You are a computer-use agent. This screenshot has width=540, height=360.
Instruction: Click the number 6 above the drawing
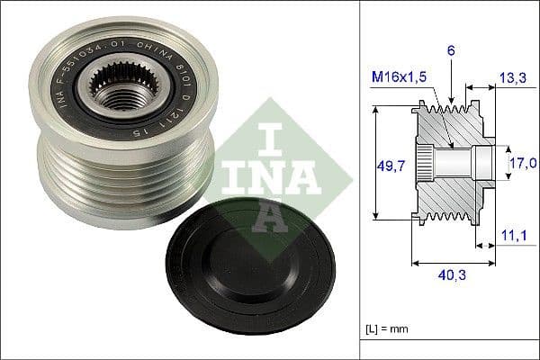coord(453,53)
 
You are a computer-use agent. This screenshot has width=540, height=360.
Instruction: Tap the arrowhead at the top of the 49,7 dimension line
coord(374,109)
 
